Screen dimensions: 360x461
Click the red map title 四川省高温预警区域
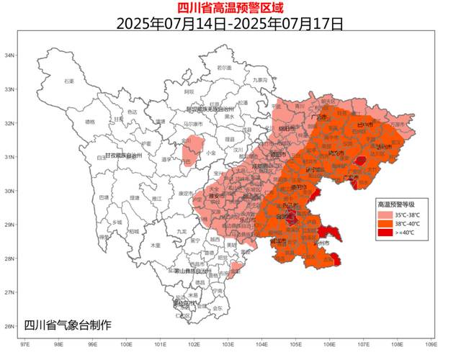coord(230,8)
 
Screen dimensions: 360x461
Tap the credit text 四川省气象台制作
coord(68,325)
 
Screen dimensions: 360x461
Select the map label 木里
coord(155,246)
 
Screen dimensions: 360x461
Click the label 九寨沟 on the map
coord(260,80)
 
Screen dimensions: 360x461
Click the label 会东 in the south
coord(218,307)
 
